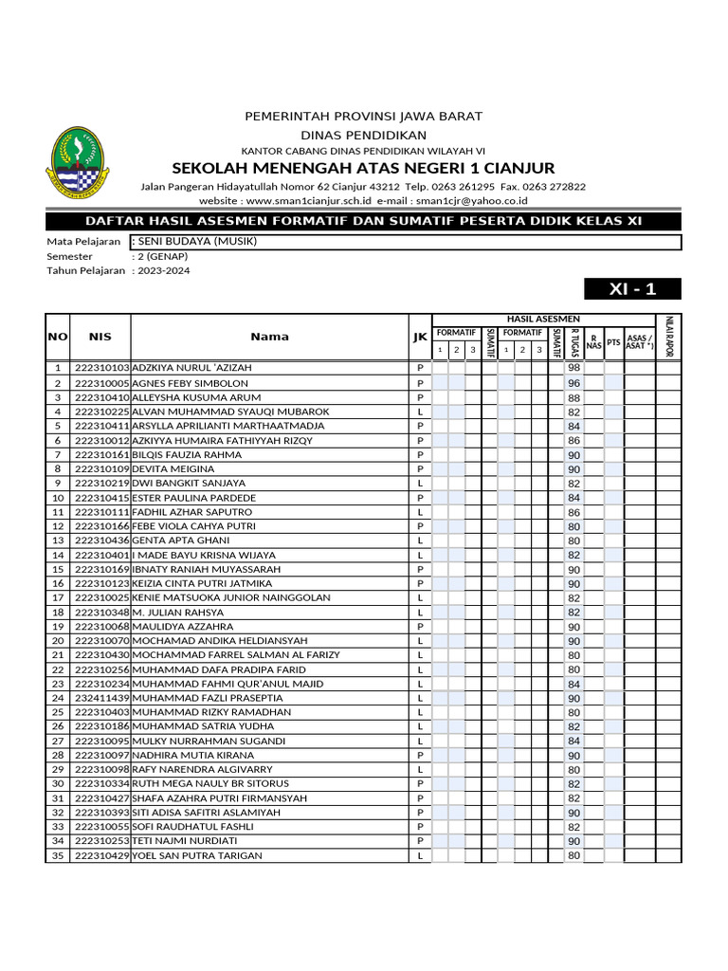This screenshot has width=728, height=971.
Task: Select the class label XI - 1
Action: tap(632, 289)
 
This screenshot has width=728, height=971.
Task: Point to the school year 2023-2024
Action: tap(161, 270)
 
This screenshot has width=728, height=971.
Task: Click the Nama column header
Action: tap(269, 337)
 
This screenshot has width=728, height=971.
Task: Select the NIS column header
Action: tap(100, 337)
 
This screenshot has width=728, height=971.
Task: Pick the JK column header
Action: tap(420, 337)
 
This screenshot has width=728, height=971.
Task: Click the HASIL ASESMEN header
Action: tap(543, 319)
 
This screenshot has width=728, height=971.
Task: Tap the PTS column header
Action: tap(613, 341)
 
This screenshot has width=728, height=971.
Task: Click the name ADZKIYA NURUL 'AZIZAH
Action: tap(192, 368)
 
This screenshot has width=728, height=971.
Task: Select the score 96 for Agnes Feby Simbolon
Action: tap(573, 383)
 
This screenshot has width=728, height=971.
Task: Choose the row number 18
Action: tap(57, 613)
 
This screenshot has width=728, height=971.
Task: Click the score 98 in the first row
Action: tap(573, 368)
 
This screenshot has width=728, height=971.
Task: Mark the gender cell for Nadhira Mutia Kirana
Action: tap(420, 756)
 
